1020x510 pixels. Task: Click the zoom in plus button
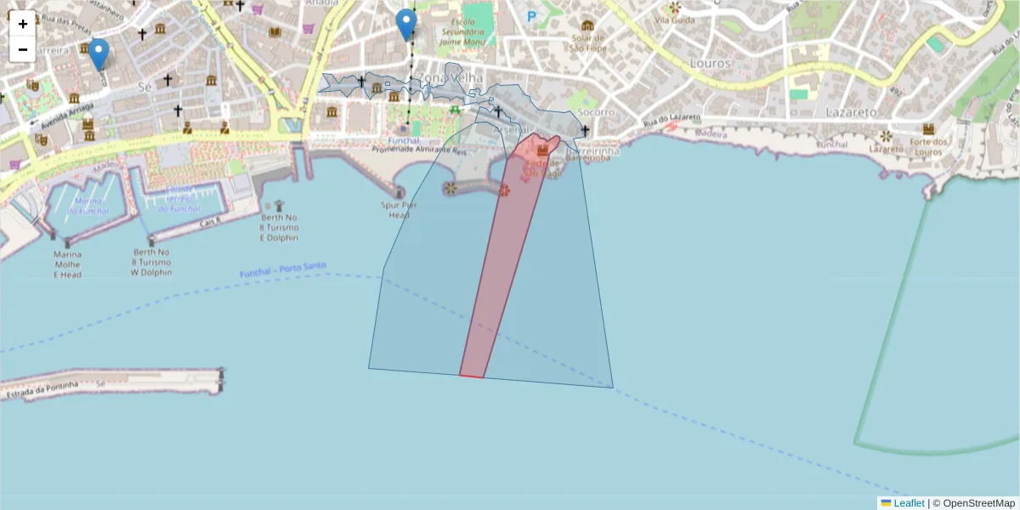[x=23, y=24]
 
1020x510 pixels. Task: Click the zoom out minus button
[x=23, y=49]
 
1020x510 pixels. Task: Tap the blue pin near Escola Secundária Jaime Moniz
[x=406, y=24]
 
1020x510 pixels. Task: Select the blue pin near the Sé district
[x=99, y=54]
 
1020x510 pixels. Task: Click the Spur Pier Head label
[x=399, y=210]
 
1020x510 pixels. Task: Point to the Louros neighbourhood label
[x=711, y=63]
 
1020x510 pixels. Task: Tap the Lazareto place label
[x=851, y=111]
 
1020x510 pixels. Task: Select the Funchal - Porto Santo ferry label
[x=283, y=269]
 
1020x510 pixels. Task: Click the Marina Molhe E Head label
[x=68, y=264]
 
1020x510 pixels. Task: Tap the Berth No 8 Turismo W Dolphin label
[x=152, y=263]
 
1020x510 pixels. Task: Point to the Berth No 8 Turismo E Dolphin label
[x=279, y=227]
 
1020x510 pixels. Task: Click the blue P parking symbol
[x=532, y=16]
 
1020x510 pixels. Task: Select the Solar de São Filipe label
[x=587, y=42]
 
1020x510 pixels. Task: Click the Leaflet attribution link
[x=908, y=503]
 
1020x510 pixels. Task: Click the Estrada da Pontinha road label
[x=42, y=390]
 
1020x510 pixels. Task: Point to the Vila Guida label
[x=674, y=20]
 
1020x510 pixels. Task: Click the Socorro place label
[x=595, y=112]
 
